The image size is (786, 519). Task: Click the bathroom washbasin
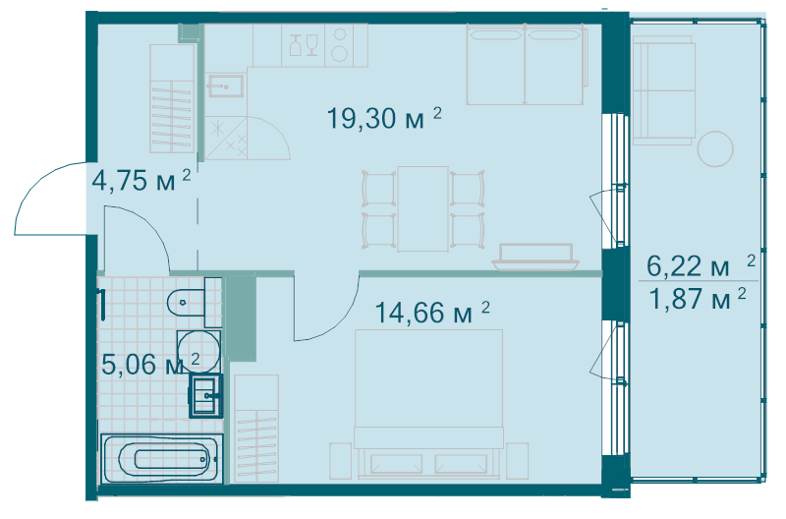point(206,396)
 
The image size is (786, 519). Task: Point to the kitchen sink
point(225,86)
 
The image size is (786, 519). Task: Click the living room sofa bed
point(526,65)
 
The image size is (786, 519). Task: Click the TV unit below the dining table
point(536,256)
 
